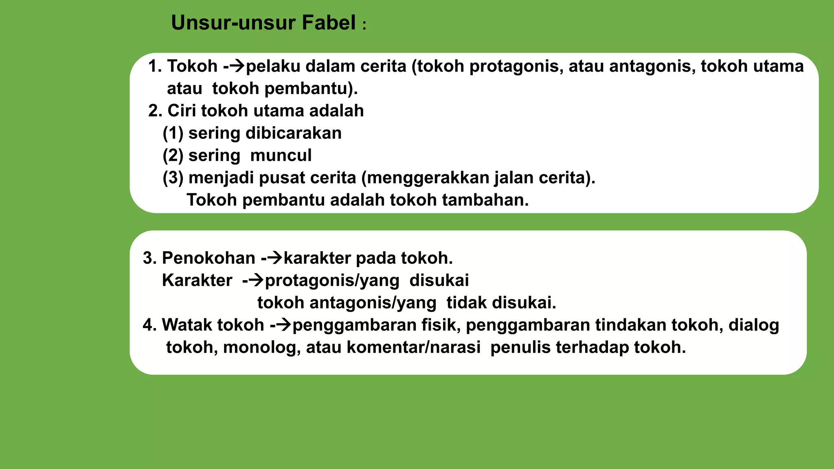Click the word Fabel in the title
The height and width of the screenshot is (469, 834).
pos(329,23)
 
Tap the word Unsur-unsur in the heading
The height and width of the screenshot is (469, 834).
pos(233,23)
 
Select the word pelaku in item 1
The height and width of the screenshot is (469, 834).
pos(273,66)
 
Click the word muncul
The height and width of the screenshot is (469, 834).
pos(281,156)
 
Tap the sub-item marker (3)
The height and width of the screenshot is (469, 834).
pos(173,178)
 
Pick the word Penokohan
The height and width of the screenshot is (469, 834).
pos(208,258)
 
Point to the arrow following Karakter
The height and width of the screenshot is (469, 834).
pos(256,280)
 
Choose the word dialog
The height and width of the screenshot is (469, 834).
pos(753,325)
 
